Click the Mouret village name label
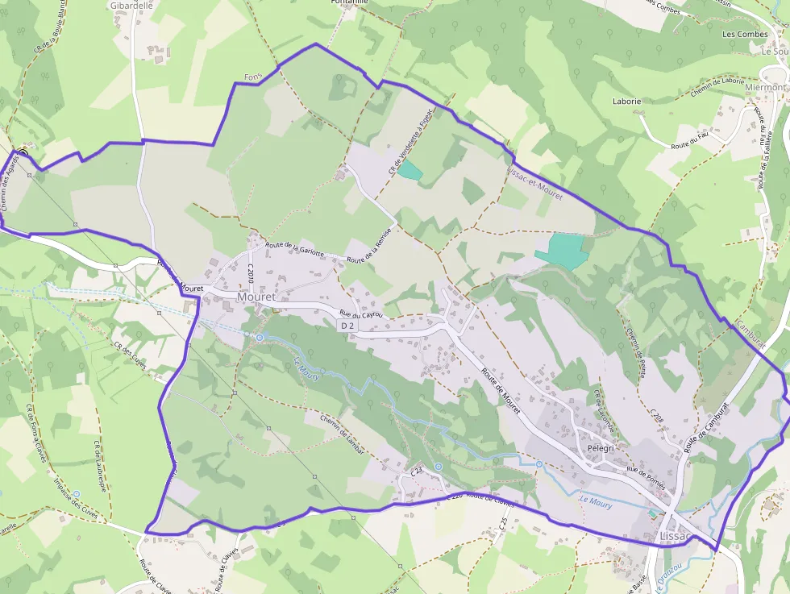(256, 297)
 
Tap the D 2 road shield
(347, 325)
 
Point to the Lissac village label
(676, 537)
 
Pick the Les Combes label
(745, 35)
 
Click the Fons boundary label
(253, 77)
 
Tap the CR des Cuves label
(131, 360)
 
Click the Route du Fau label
(691, 139)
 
